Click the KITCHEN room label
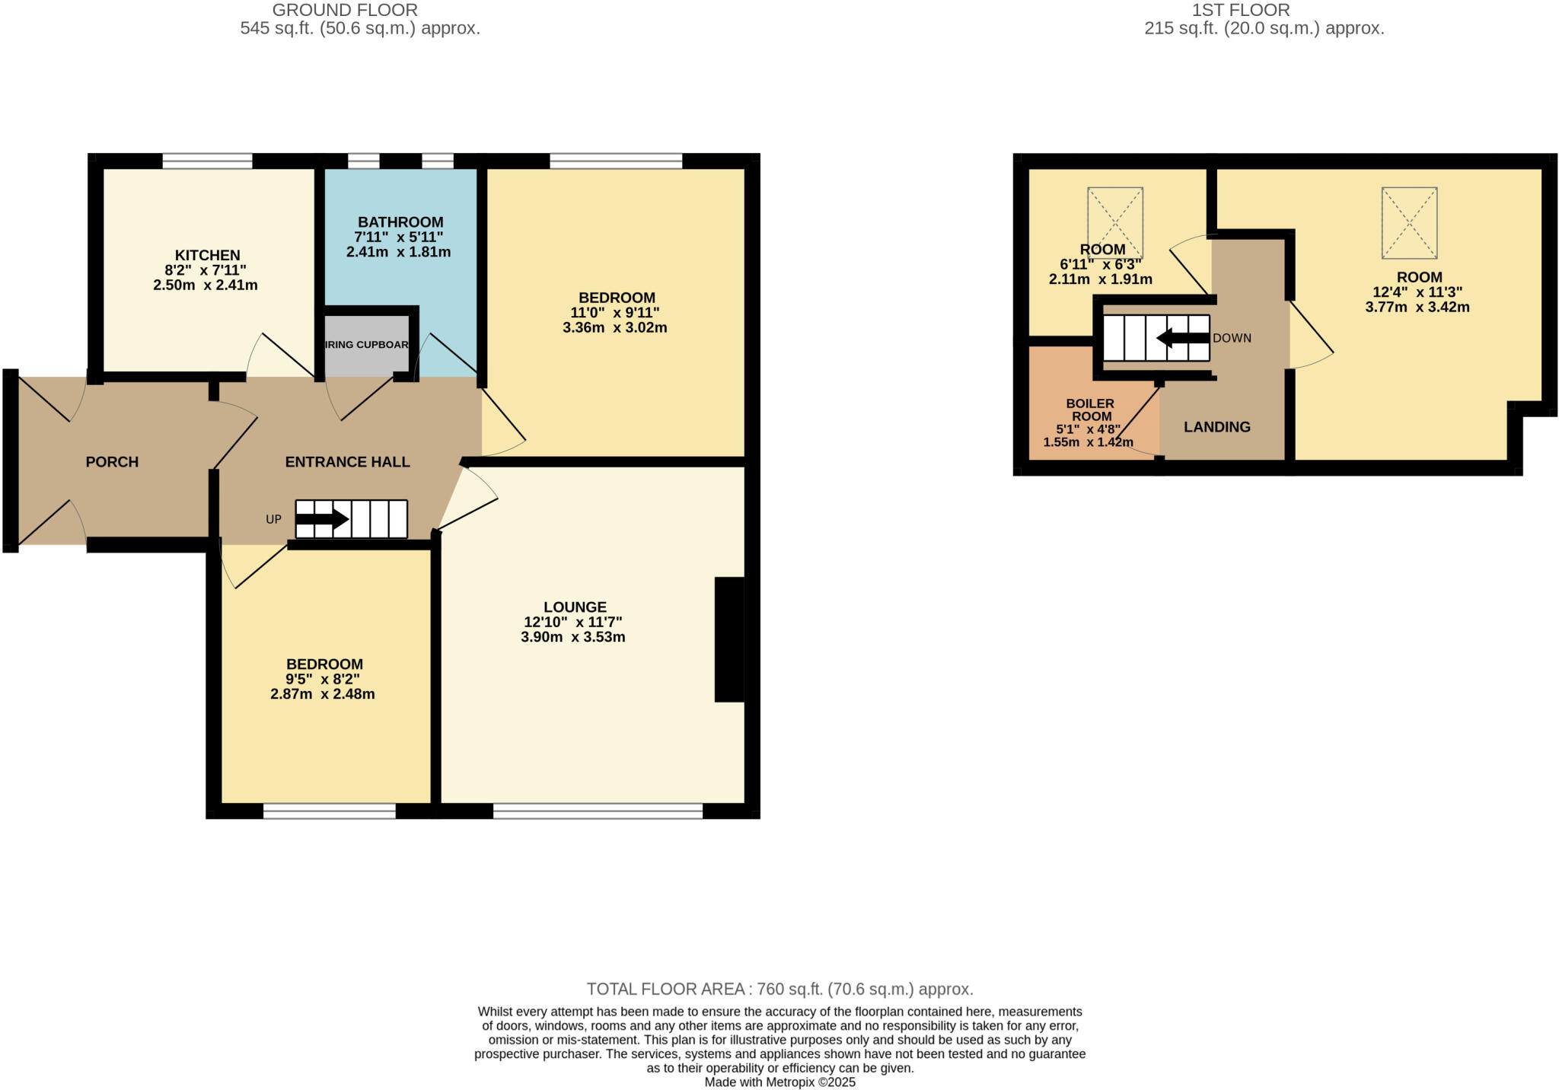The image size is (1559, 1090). click(x=207, y=256)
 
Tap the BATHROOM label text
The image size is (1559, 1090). click(x=400, y=222)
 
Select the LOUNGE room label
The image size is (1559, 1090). click(x=575, y=607)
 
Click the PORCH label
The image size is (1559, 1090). click(x=112, y=462)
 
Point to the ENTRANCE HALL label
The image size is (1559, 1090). click(x=347, y=462)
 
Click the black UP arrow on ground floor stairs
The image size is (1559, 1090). click(x=322, y=520)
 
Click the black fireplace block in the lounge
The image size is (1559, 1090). click(x=728, y=639)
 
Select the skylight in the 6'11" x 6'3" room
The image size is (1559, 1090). click(x=1115, y=222)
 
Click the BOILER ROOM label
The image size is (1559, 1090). click(x=1090, y=410)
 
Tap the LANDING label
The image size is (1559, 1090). click(x=1216, y=427)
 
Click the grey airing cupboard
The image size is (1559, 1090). click(x=367, y=345)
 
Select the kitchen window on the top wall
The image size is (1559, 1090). click(x=207, y=161)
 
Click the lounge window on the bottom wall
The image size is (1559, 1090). click(x=598, y=811)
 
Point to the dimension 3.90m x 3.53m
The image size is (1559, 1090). click(x=572, y=637)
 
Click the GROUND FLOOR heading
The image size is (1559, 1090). click(x=345, y=10)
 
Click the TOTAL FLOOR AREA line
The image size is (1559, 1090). click(x=779, y=989)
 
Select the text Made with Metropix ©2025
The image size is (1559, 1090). click(x=779, y=1082)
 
